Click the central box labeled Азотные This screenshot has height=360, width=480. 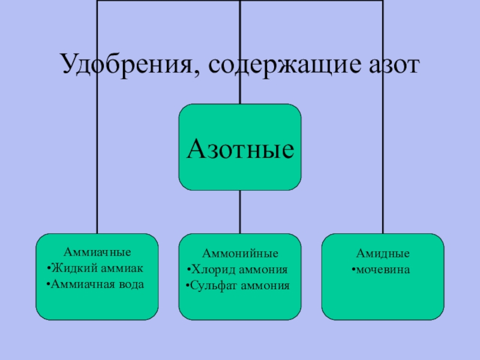(x=240, y=147)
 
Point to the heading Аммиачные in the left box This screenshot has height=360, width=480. (x=97, y=252)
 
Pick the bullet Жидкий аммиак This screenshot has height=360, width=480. (x=99, y=268)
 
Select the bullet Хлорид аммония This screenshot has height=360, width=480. (x=240, y=269)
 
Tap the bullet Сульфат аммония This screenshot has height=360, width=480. (x=240, y=285)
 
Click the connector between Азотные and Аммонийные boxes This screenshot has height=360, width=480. (x=240, y=212)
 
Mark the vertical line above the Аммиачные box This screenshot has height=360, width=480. (x=97, y=180)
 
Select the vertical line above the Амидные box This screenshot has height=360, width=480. (x=383, y=180)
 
